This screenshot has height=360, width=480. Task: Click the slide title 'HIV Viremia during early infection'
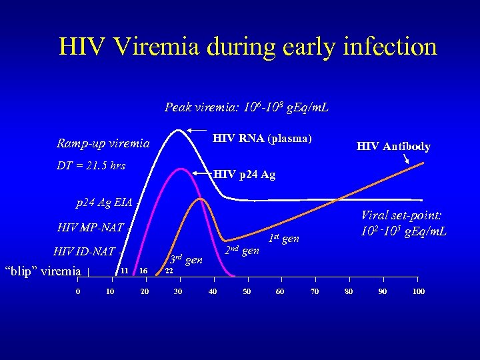[247, 47]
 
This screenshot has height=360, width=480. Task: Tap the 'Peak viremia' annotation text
[247, 107]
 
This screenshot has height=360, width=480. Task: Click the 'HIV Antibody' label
[393, 147]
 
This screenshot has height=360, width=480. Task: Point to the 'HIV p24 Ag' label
[244, 175]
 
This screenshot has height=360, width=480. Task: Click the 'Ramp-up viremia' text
[103, 143]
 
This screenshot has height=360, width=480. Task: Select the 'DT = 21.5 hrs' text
[91, 165]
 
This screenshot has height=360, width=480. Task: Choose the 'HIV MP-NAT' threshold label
[91, 227]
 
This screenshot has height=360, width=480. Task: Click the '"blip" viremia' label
[43, 271]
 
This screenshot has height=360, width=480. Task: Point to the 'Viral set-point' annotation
[403, 223]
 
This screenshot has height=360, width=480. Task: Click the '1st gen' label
[283, 238]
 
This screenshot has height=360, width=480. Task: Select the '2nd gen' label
[241, 251]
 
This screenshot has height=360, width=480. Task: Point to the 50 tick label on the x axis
[247, 292]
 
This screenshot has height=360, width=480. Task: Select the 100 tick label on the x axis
[418, 292]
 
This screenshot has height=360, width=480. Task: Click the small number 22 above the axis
[169, 271]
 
